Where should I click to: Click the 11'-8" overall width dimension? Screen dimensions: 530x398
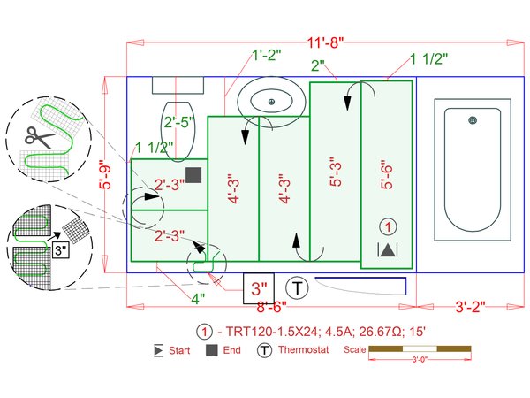click(325, 43)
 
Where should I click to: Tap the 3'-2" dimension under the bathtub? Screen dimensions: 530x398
click(470, 307)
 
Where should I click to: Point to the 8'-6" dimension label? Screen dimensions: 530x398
click(271, 307)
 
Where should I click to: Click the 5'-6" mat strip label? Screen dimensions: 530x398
click(388, 174)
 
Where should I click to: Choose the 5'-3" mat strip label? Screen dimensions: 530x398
click(336, 172)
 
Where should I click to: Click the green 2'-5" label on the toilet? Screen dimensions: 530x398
click(179, 122)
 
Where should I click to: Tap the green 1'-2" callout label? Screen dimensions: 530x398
click(267, 55)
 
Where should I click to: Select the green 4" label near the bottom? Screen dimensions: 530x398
click(198, 299)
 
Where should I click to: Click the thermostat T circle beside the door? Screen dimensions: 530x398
click(297, 288)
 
